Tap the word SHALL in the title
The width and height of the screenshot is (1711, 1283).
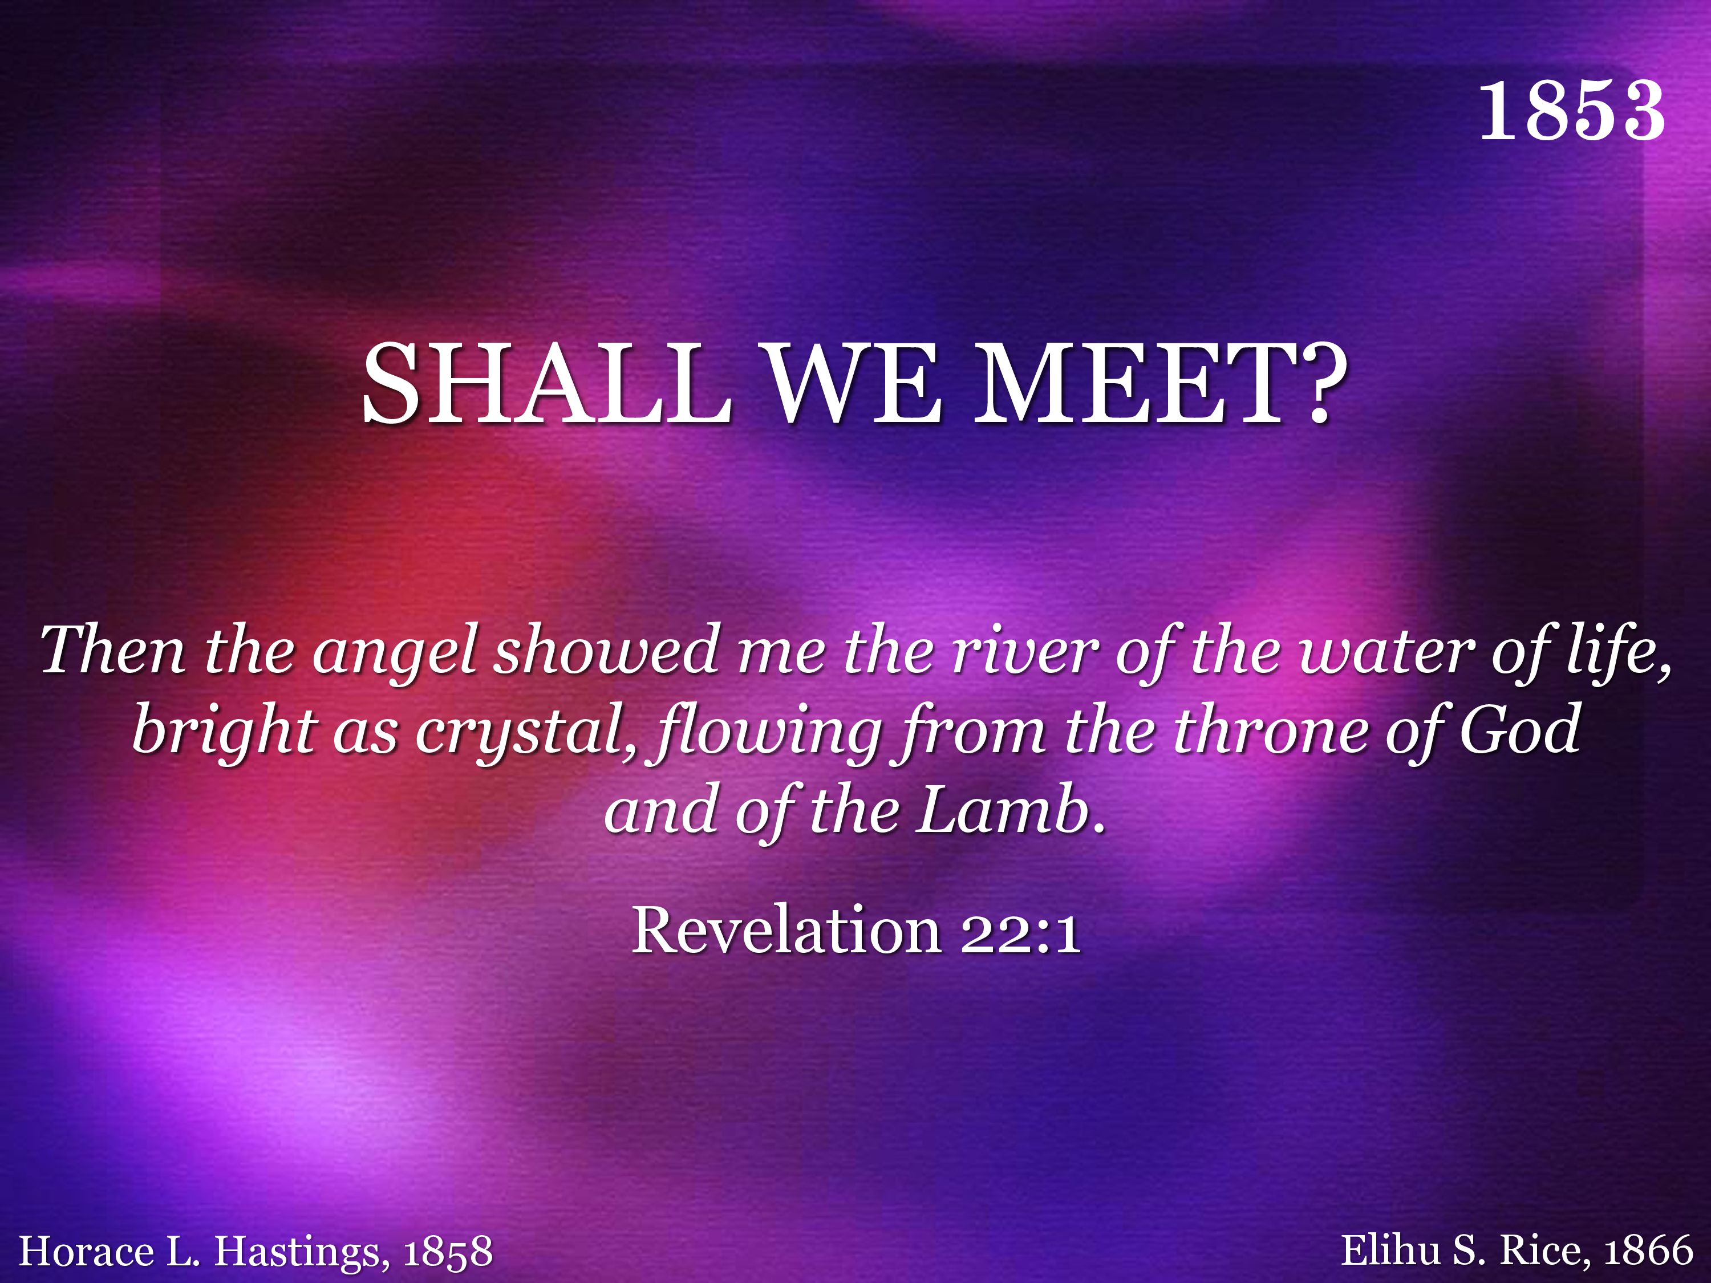[x=547, y=384]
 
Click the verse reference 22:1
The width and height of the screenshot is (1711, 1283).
[x=1020, y=931]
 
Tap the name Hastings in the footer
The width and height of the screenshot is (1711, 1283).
[x=296, y=1250]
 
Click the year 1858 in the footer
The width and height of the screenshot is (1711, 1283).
[x=448, y=1251]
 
